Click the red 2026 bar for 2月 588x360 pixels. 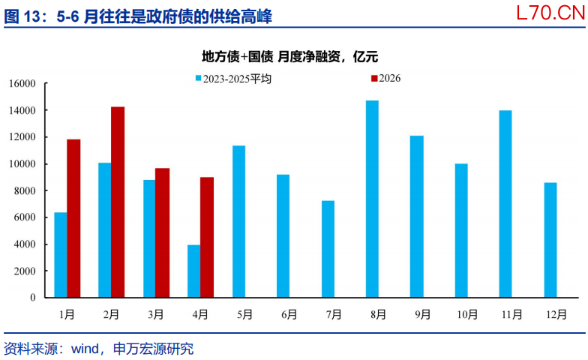coord(118,202)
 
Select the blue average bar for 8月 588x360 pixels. coord(372,199)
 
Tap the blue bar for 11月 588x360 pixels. coord(505,204)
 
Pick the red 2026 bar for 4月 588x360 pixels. coord(207,237)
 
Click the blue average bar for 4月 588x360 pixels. coord(193,271)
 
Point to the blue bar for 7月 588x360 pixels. coord(328,249)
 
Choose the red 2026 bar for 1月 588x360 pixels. coord(73,219)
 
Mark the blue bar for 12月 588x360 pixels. coord(550,240)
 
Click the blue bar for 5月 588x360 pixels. coord(238,222)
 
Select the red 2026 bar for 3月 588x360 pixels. coord(162,232)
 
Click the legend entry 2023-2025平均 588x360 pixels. coord(233,79)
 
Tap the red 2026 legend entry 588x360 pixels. coord(385,78)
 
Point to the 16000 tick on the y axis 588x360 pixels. coord(22,83)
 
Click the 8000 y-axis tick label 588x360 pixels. coord(25,190)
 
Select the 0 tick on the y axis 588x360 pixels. coord(33,297)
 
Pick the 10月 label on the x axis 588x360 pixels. coord(467,314)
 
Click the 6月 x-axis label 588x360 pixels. coord(289,314)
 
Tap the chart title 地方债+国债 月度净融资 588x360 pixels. coord(271,57)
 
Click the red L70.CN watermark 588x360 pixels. coord(550,13)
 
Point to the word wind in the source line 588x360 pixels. coord(85,349)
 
